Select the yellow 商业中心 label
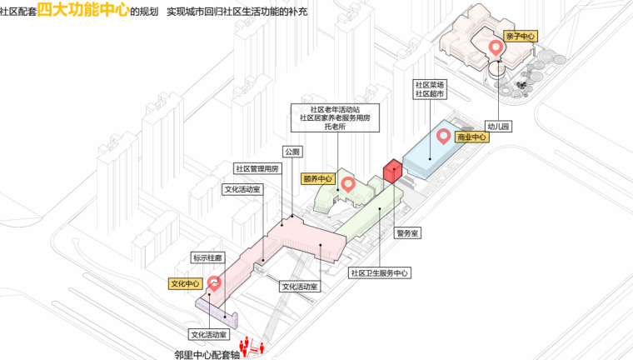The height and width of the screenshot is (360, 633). pos(471,137)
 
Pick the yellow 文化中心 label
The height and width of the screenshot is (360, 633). pos(186,284)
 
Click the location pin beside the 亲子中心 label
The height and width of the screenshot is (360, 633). pos(496,47)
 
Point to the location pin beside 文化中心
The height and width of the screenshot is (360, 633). pos(214,283)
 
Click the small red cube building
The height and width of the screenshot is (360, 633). pos(392,172)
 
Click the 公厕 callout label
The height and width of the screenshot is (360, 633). pos(292,152)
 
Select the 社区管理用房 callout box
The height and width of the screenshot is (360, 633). pos(257,168)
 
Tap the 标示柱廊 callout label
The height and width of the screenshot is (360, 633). pos(205,258)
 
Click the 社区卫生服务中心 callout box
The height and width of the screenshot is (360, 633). pos(378,272)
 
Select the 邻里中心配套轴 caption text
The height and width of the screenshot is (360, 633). pos(205,352)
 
